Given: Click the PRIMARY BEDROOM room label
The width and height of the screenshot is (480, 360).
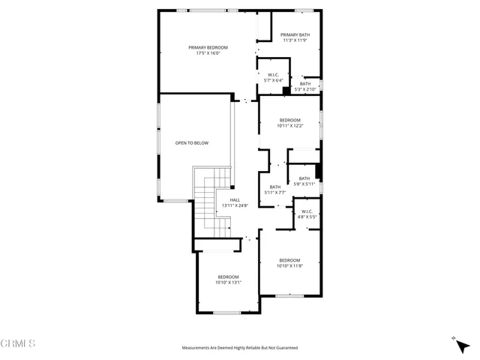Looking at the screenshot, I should [x=208, y=47].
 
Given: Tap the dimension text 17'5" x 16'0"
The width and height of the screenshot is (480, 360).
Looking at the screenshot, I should [x=208, y=53].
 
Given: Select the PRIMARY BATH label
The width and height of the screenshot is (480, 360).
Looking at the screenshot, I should [x=295, y=34].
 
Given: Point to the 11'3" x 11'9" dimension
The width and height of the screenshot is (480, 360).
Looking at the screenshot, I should [x=295, y=40].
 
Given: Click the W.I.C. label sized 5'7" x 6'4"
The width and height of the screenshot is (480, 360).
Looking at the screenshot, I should [x=273, y=74].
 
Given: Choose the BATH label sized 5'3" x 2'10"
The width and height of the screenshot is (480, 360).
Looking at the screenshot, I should [x=304, y=84].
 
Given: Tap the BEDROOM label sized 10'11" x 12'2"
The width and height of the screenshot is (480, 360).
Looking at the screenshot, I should [x=289, y=120].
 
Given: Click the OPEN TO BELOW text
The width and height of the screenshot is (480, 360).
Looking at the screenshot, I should [x=192, y=142].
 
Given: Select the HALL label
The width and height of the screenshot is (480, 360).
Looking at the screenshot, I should [x=235, y=199].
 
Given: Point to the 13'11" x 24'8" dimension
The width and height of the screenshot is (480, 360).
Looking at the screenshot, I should [x=235, y=205].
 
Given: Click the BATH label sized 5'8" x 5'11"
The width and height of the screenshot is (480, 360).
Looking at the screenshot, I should [x=304, y=178].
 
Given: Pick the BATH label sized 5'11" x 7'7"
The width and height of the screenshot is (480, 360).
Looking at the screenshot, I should [x=275, y=187].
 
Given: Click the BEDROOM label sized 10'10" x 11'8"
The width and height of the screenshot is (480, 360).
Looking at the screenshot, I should [x=289, y=260].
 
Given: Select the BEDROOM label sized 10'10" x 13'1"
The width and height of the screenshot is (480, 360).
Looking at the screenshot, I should [x=227, y=277].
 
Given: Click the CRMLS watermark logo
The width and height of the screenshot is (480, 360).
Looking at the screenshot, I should [x=18, y=343].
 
